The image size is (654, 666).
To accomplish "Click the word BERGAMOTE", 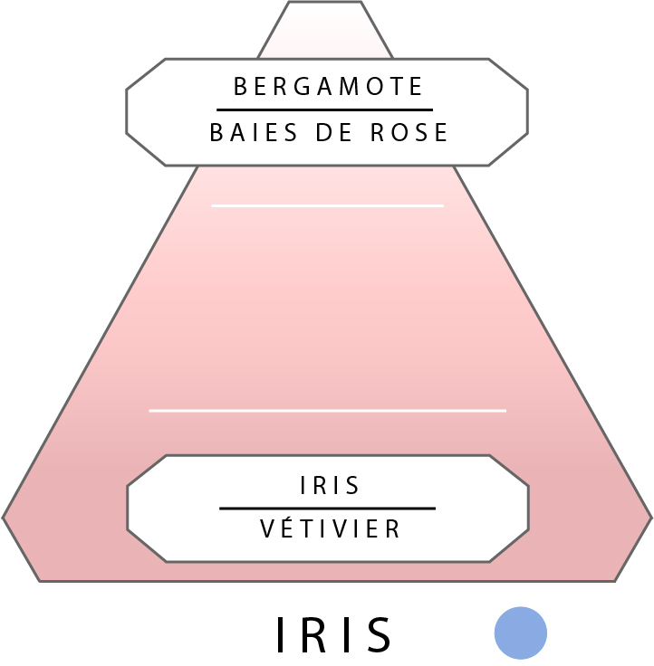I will (329, 86).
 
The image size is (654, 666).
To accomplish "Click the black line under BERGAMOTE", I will (324, 109).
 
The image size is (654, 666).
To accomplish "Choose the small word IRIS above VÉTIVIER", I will (330, 486).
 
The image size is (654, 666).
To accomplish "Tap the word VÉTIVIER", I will (330, 529).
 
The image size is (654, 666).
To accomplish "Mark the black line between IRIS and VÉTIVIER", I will (327, 509).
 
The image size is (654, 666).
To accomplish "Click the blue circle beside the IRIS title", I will (521, 633).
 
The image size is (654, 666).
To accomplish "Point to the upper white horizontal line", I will (327, 205).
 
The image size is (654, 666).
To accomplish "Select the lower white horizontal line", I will (327, 411).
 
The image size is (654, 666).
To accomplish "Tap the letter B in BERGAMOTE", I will (241, 86).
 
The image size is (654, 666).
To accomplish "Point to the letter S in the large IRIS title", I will (379, 634).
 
